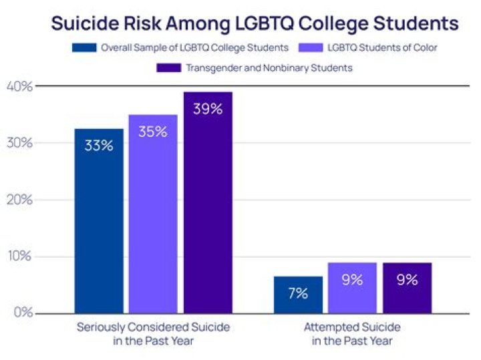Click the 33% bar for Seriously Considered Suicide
click(99, 220)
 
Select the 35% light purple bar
click(153, 214)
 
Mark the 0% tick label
click(21, 313)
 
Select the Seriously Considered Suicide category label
click(153, 333)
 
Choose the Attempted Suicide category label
click(352, 333)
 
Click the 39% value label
click(208, 109)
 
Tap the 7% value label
click(298, 293)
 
